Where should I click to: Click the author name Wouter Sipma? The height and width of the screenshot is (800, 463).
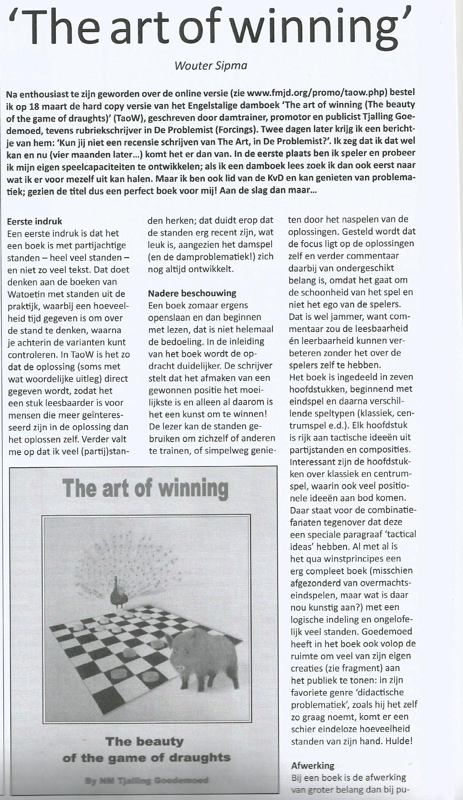coord(210,65)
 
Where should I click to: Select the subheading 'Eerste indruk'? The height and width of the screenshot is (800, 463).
coord(34,221)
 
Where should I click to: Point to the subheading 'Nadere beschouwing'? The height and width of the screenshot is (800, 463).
coord(192,293)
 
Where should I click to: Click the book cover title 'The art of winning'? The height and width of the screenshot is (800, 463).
coord(145,488)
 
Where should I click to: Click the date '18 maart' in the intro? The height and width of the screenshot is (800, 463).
coord(47,104)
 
